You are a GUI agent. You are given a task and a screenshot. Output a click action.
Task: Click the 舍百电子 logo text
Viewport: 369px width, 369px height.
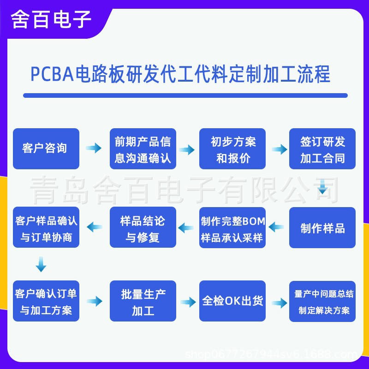51,20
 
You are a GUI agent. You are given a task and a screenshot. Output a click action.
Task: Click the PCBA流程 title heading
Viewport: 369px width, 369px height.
180,74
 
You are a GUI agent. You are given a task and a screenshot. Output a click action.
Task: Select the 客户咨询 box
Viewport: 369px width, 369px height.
46,149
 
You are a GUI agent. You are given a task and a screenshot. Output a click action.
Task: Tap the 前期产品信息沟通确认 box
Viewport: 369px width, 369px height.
143,149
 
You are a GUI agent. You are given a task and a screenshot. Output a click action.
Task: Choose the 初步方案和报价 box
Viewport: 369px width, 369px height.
232,149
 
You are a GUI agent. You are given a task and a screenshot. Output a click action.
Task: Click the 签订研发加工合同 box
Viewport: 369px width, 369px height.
322,149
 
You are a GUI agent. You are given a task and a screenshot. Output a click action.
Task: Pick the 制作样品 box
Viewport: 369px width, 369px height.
322,227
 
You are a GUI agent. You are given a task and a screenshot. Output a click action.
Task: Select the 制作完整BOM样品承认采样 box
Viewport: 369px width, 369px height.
232,227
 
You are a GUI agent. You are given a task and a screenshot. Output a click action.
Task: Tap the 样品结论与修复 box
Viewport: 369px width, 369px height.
143,227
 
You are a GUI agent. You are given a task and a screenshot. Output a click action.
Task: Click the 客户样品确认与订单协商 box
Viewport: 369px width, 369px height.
46,227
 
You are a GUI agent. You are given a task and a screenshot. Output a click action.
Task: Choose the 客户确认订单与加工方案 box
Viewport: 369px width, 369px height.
46,301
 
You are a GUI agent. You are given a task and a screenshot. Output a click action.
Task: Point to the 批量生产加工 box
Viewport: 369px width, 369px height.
143,301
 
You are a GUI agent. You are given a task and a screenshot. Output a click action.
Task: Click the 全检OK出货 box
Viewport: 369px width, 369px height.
232,301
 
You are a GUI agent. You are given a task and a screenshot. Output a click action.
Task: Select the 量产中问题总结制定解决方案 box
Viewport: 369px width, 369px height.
322,301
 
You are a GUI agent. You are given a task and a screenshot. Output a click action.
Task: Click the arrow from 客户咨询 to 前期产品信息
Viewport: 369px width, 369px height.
94,149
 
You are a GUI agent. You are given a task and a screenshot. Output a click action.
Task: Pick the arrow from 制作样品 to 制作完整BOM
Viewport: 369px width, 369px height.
277,227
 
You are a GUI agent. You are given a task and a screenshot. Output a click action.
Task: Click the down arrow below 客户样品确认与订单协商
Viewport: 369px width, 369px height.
41,265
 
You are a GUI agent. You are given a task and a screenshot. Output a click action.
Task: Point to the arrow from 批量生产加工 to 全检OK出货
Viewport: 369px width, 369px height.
188,303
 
